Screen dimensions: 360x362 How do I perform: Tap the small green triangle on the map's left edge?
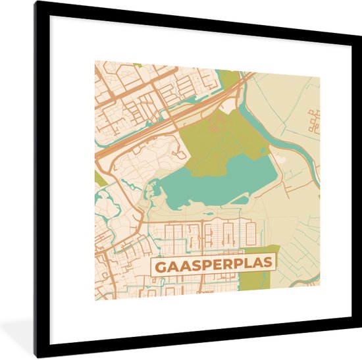pos(99,178)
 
